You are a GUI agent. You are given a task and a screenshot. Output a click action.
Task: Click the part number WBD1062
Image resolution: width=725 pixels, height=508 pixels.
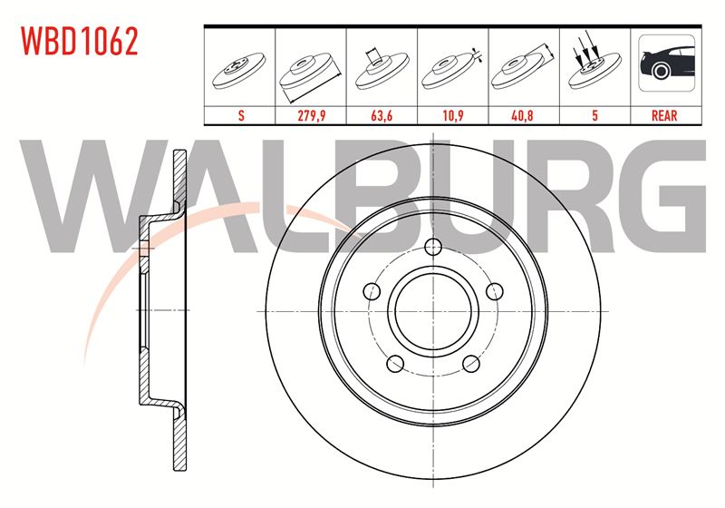point(80,42)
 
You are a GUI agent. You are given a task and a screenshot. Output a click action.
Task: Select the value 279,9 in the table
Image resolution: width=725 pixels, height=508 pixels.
point(311,115)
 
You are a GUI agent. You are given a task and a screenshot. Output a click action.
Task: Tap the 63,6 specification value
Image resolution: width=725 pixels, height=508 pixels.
point(382,115)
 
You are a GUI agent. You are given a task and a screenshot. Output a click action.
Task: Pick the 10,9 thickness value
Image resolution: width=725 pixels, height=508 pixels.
point(452,115)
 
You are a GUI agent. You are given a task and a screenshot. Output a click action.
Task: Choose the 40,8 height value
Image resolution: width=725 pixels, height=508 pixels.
point(522,115)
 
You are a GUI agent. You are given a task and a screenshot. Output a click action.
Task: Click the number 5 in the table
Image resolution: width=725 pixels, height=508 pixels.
point(595,115)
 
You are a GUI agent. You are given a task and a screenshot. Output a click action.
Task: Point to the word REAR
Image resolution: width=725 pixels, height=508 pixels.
point(664,115)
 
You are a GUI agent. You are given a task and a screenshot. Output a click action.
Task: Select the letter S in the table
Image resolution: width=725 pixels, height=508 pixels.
point(241,115)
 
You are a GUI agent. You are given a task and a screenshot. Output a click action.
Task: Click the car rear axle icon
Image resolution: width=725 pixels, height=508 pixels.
point(666,63)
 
